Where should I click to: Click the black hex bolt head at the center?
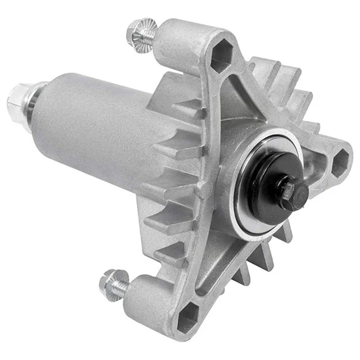293,192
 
